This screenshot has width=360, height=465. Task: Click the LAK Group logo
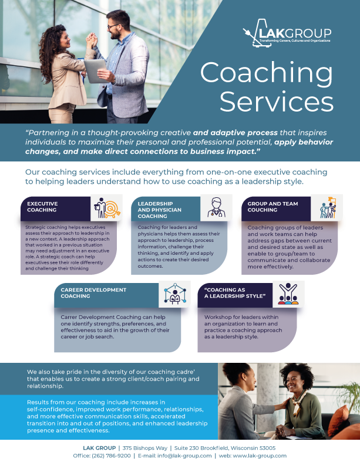(287, 35)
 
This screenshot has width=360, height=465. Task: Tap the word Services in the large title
(277, 103)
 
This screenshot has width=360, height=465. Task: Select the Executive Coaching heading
(42, 207)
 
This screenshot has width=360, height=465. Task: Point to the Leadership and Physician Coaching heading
(160, 210)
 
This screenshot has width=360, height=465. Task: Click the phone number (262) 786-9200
(111, 456)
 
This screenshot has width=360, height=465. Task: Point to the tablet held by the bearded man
(94, 69)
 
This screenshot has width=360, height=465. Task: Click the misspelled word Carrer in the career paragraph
(70, 316)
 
